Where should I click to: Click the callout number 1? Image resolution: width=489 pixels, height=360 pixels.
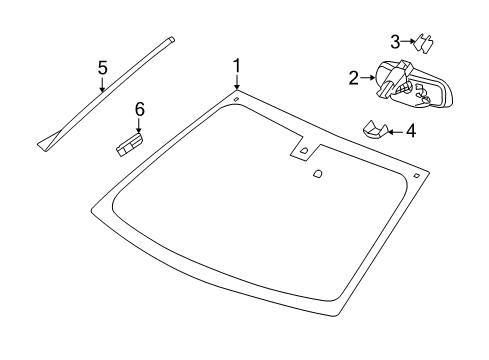click(x=236, y=66)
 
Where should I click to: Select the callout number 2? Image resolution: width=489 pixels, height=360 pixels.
click(x=354, y=77)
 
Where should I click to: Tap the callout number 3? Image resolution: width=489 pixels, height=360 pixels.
click(x=395, y=42)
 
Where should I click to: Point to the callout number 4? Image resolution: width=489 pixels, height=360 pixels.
click(x=411, y=131)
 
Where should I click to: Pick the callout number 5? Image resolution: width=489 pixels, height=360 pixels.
click(x=103, y=67)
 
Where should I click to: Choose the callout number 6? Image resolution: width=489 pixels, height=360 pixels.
click(x=139, y=109)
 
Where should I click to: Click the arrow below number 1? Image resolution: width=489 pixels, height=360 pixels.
click(x=237, y=82)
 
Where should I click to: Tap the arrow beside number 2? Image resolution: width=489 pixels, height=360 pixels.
click(x=368, y=77)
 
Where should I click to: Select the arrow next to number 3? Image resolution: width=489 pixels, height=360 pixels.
click(x=408, y=41)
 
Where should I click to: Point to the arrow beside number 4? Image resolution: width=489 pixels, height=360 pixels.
click(x=396, y=132)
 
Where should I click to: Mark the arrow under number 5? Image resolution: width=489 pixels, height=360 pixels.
click(x=103, y=84)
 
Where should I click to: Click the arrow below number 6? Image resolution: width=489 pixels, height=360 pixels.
click(x=139, y=125)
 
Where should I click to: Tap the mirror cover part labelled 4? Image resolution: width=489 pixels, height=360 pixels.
click(x=375, y=130)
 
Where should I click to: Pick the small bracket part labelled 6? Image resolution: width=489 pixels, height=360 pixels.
click(x=130, y=144)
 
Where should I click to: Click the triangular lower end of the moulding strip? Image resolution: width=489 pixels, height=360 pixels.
click(x=49, y=141)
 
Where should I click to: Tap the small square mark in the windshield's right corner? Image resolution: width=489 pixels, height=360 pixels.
click(x=416, y=176)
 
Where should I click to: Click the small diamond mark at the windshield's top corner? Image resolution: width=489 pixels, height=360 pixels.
click(x=236, y=99)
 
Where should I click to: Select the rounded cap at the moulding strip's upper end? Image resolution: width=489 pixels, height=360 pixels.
click(x=172, y=39)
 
